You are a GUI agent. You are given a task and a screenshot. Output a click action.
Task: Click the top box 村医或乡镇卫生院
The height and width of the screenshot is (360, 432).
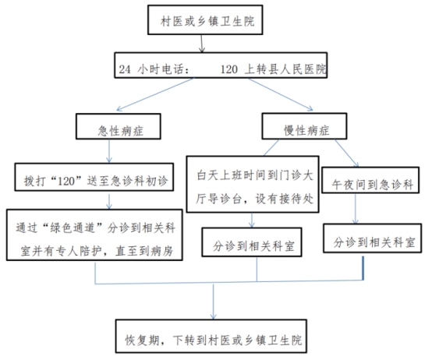click(x=205, y=19)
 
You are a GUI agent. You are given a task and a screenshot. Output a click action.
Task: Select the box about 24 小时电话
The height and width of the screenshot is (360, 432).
click(x=221, y=65)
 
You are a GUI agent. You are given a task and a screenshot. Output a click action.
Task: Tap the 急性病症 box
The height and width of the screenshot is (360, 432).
click(x=119, y=126)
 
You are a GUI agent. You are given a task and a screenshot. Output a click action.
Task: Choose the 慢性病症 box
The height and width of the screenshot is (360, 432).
click(x=304, y=126)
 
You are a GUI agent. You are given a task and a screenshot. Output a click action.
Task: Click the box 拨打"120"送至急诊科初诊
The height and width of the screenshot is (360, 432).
click(x=94, y=177)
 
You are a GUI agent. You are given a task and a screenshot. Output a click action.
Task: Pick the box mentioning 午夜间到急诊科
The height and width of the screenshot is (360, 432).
click(x=370, y=180)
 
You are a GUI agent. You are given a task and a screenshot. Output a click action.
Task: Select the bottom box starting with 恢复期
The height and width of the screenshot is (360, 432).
click(x=211, y=336)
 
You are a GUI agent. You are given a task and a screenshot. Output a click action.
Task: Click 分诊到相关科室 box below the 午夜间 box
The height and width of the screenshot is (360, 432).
click(x=372, y=238)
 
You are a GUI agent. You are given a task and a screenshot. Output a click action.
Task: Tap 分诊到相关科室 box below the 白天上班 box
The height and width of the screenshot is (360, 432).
click(x=252, y=242)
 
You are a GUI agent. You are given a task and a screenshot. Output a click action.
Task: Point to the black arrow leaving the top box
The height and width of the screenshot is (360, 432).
click(x=202, y=44)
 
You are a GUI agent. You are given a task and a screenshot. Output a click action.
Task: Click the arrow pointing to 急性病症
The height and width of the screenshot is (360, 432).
click(x=155, y=94)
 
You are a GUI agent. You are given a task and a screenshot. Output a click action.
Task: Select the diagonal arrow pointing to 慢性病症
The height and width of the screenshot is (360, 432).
click(x=281, y=95)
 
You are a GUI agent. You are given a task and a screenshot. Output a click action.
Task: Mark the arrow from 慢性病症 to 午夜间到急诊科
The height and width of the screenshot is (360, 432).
click(x=346, y=153)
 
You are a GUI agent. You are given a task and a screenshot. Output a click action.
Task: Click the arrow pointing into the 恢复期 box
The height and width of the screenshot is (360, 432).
click(x=213, y=302)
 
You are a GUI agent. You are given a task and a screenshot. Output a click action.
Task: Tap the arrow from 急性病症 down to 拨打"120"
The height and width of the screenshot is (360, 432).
click(x=109, y=151)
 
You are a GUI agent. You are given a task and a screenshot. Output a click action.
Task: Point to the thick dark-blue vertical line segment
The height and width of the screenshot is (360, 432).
click(x=363, y=268)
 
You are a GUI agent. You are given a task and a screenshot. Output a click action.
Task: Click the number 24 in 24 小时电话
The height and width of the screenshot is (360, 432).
click(x=125, y=69)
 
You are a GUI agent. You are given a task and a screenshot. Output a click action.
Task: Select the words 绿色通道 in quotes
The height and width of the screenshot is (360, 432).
click(x=73, y=228)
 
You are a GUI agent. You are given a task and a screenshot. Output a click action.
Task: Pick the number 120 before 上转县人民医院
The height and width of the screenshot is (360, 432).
click(x=229, y=69)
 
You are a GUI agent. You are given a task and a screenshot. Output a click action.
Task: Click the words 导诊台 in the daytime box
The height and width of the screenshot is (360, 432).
click(x=225, y=199)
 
